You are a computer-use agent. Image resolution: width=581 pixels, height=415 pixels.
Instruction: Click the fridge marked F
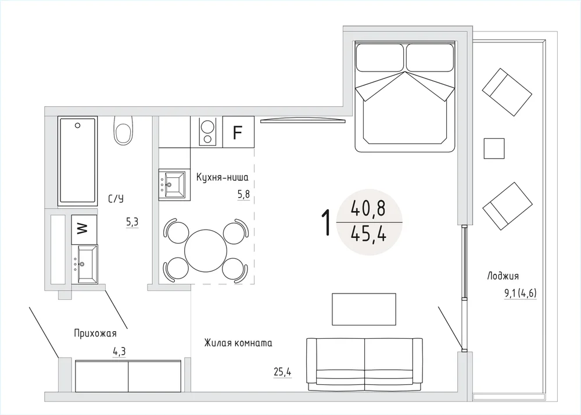point(238,132)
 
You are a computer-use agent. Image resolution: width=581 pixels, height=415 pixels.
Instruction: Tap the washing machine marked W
point(84,229)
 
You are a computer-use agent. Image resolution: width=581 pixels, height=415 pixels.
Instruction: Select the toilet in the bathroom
point(123,130)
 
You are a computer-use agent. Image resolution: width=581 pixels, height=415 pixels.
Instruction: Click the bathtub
point(78,161)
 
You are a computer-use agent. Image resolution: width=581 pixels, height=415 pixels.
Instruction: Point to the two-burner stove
point(207,132)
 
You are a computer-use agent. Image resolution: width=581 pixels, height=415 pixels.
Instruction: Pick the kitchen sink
point(174,184)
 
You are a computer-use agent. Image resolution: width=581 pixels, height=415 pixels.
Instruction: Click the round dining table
point(206,251)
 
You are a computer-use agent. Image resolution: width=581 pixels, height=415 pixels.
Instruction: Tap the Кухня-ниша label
point(223,177)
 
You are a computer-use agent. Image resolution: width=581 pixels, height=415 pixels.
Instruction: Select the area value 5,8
point(243,195)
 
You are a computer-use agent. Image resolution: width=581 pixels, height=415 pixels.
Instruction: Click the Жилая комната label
point(238,343)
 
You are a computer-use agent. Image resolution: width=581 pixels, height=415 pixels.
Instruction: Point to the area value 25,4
point(282,371)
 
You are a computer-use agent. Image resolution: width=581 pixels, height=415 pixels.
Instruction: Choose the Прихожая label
point(95,333)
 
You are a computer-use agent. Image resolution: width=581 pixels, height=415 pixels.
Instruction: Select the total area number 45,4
point(369,234)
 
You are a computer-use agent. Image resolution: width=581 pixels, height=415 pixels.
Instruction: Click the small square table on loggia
point(494,148)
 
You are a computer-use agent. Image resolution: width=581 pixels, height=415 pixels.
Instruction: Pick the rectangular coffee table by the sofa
point(364,309)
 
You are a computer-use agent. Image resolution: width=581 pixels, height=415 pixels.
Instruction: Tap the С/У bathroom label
point(116,199)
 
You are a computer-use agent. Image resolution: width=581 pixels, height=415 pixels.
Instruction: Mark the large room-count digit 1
point(326,222)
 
